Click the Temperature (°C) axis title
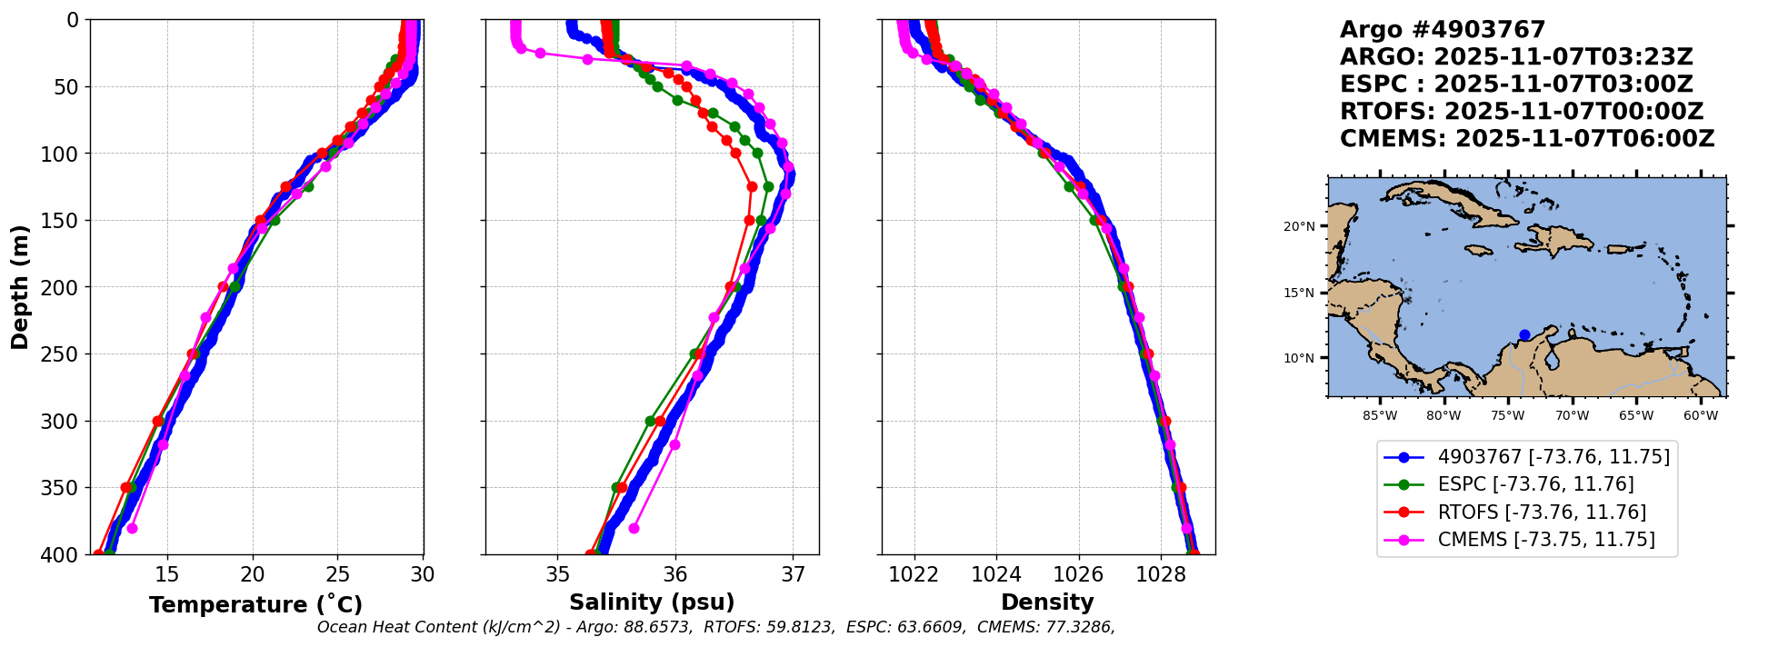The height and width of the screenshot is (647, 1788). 255,605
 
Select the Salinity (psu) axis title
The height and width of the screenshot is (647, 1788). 652,602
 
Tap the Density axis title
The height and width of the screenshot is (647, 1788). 1047,602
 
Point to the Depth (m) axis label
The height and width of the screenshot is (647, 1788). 20,286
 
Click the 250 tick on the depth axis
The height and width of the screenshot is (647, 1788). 66,354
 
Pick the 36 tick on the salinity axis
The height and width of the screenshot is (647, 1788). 675,574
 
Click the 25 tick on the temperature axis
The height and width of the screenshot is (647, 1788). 337,574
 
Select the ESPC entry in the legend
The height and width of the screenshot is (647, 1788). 1535,484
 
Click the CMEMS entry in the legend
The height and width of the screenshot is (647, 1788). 1545,540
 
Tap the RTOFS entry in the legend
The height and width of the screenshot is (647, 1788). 1542,513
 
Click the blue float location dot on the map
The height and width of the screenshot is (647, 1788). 1524,335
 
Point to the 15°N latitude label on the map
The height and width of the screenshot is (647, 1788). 1299,293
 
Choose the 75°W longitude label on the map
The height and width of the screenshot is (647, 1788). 1507,416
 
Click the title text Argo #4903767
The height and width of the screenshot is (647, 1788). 1443,30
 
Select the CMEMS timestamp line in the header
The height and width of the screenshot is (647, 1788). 1527,139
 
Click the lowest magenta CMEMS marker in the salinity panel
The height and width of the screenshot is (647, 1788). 634,528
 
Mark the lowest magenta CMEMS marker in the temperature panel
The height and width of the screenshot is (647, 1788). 132,528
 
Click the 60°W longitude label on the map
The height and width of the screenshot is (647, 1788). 1700,416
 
